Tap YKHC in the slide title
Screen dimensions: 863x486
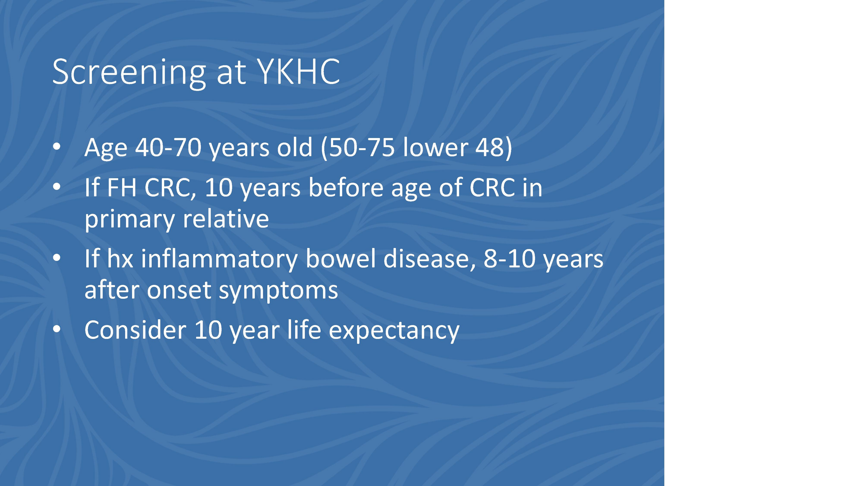click(x=298, y=71)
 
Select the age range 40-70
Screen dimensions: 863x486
click(x=169, y=147)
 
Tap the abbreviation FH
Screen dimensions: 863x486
click(x=122, y=188)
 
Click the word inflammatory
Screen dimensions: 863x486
click(x=219, y=260)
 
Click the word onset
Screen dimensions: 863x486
click(x=179, y=290)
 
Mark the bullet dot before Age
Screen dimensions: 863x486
click(x=57, y=146)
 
